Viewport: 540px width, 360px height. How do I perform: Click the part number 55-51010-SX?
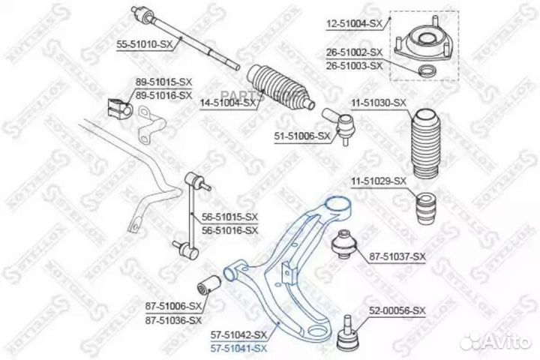click(x=145, y=45)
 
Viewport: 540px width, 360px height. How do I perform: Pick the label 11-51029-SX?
click(x=379, y=181)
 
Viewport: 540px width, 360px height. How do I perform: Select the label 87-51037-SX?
click(x=397, y=256)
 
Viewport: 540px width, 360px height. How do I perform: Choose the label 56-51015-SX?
click(x=229, y=217)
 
